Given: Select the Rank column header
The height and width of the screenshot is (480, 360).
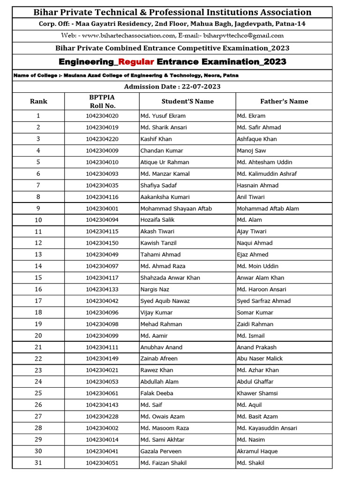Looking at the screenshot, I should [38, 101].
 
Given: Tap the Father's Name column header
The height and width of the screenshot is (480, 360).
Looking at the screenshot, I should [284, 101].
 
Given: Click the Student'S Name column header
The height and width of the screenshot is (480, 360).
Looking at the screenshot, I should [187, 101].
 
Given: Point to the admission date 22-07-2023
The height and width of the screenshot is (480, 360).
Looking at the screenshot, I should [195, 87].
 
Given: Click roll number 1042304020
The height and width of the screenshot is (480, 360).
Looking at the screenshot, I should [102, 116].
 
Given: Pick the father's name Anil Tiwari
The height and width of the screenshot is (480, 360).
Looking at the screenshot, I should [251, 197].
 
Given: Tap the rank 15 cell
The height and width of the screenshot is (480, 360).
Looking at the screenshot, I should [38, 277].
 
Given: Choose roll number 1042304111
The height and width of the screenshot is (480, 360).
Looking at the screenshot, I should [102, 347].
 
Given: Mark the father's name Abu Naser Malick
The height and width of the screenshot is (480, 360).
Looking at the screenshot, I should [260, 359].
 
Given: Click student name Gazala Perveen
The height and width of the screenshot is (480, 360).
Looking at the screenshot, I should [161, 451].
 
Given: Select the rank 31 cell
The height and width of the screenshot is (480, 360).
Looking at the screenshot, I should [38, 463].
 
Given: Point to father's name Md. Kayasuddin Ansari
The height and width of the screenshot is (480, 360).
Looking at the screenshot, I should [267, 428].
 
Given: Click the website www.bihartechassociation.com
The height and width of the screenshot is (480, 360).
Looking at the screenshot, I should [128, 36].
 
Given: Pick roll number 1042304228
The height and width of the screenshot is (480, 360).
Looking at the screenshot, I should [102, 416].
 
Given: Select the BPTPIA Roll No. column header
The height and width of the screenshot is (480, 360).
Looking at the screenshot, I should [102, 101].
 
